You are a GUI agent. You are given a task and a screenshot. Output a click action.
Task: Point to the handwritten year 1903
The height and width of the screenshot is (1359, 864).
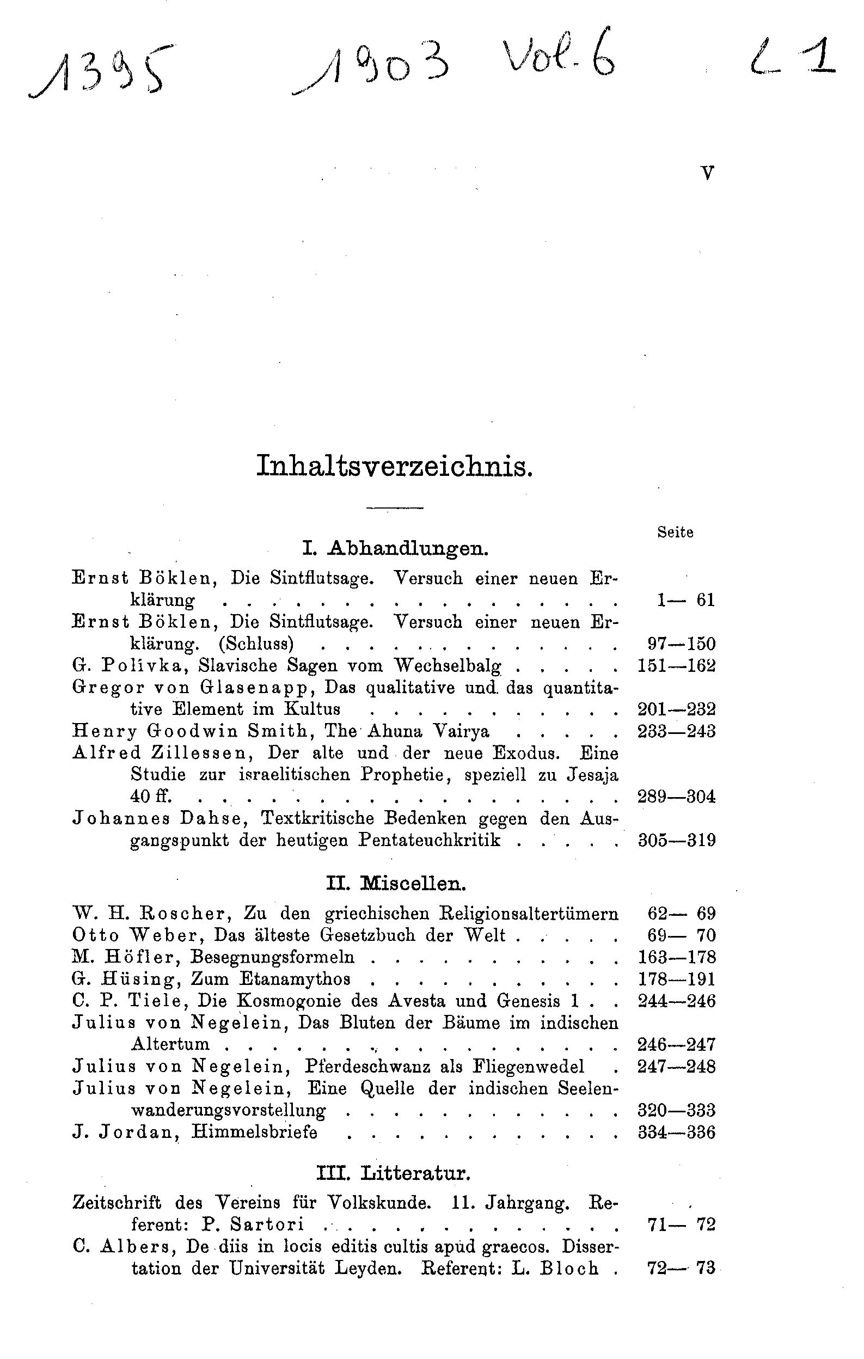click(x=372, y=72)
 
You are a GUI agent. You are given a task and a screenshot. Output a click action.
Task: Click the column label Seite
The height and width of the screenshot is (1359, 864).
click(x=675, y=532)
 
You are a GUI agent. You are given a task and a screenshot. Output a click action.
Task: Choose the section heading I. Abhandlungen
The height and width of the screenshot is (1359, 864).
click(x=395, y=548)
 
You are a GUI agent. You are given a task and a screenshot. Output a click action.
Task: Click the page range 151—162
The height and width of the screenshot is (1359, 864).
click(x=676, y=666)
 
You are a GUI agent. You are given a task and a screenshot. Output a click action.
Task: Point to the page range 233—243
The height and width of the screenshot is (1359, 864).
click(x=676, y=731)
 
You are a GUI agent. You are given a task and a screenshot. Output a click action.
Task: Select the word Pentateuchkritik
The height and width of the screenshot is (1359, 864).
click(x=430, y=840)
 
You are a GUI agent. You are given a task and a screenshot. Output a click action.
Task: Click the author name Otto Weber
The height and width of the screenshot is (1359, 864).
click(x=138, y=935)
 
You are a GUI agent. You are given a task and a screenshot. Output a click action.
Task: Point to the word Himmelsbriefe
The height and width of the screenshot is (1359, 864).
click(x=254, y=1132)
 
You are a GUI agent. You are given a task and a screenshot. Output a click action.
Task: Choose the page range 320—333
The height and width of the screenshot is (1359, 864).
click(x=676, y=1110)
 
